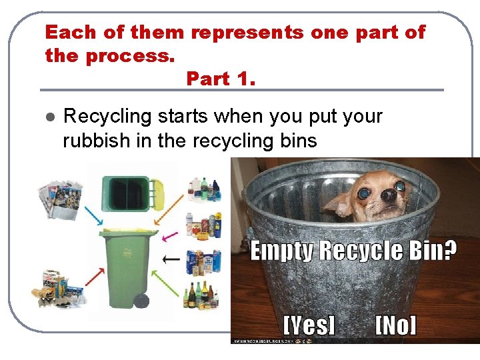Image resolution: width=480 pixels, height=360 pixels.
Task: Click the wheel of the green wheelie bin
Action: (x=141, y=300)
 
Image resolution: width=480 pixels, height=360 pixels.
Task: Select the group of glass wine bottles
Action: (x=201, y=295)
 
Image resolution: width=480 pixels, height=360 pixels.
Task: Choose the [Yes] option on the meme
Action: (x=309, y=325)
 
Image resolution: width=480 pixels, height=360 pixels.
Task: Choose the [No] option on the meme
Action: (x=395, y=325)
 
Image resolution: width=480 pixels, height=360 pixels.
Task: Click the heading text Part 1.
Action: (x=221, y=79)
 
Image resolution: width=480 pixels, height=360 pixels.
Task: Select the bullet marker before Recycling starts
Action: (x=48, y=117)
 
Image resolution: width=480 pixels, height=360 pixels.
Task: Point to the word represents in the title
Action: (x=256, y=32)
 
